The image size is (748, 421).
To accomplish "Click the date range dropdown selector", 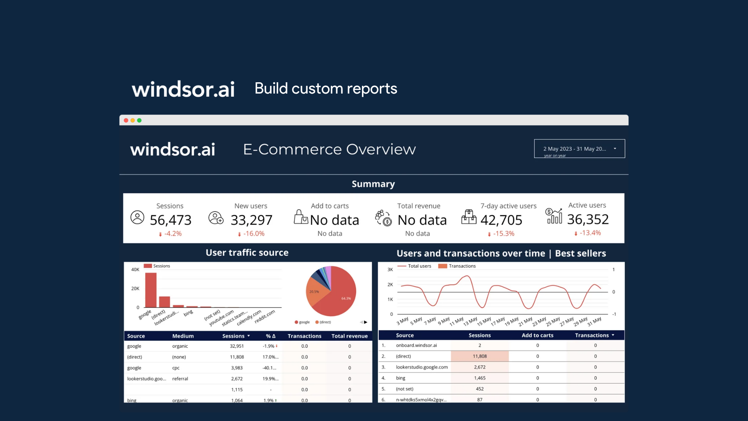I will [579, 149].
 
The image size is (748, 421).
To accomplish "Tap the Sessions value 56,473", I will [171, 220].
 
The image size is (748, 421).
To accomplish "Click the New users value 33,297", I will [251, 220].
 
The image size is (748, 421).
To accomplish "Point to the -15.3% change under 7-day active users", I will [503, 233].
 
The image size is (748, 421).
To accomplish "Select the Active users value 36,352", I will [587, 219].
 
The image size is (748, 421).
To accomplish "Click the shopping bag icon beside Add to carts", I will [300, 217].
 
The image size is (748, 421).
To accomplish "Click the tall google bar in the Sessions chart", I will [151, 290].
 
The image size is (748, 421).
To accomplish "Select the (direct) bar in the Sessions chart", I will [164, 302].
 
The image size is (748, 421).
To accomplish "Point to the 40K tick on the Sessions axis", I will [135, 269].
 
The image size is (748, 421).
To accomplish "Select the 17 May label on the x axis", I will [498, 321].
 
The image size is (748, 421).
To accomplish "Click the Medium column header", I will [183, 336].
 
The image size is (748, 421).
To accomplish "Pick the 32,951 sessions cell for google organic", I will [236, 346].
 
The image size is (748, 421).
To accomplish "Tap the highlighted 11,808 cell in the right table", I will [480, 356].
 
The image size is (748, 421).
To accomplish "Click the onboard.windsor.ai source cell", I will [416, 345].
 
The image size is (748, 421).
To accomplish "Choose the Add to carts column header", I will [537, 335].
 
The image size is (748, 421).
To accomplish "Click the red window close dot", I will [126, 120].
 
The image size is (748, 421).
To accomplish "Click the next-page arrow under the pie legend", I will [365, 322].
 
